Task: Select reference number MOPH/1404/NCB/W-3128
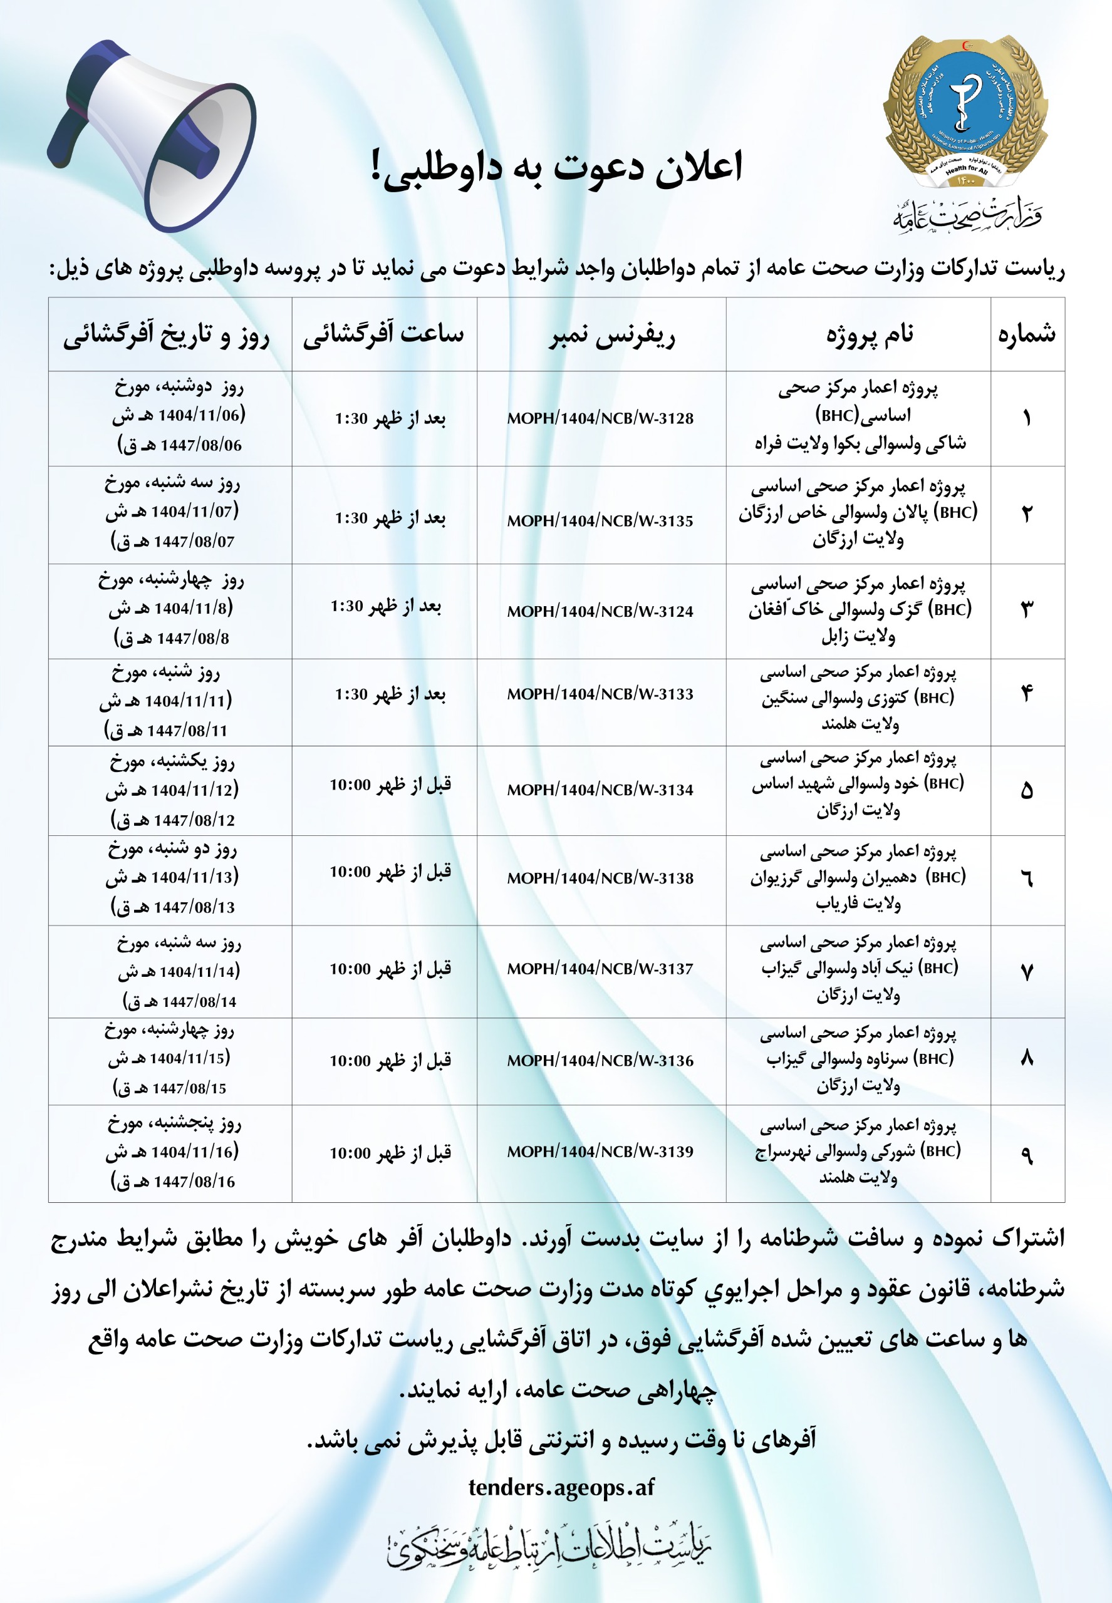(x=600, y=418)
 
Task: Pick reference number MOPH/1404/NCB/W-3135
(x=600, y=520)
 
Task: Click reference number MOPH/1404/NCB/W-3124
(x=600, y=611)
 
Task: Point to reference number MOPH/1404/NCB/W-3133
(x=600, y=694)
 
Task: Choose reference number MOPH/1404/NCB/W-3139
(x=600, y=1152)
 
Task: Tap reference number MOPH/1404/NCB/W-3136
(x=600, y=1061)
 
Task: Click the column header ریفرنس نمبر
(x=611, y=336)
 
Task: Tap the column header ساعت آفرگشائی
(x=383, y=335)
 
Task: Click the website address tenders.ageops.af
(x=561, y=1487)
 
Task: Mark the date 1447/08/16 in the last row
(x=194, y=1182)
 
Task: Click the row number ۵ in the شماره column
(x=1026, y=791)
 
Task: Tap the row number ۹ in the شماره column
(x=1026, y=1155)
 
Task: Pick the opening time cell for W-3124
(x=385, y=606)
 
